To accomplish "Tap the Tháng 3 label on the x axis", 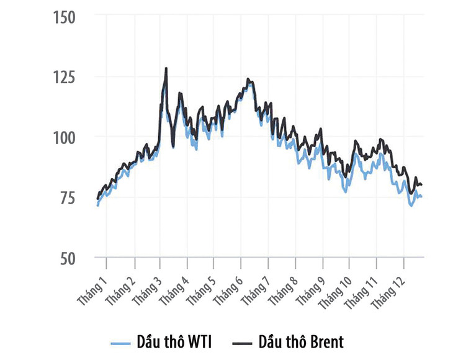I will pos(147,287).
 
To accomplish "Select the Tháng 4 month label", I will pos(174,287).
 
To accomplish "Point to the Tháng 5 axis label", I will pos(201,287).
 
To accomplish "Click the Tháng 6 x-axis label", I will pos(228,287).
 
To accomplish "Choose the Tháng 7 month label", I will pos(255,287).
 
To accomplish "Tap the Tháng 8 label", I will pos(282,287).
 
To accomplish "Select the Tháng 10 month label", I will pos(335,289).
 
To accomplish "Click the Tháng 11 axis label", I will pos(362,289).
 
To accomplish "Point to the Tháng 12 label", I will pos(389,289).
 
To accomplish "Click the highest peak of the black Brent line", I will pos(166,68).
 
